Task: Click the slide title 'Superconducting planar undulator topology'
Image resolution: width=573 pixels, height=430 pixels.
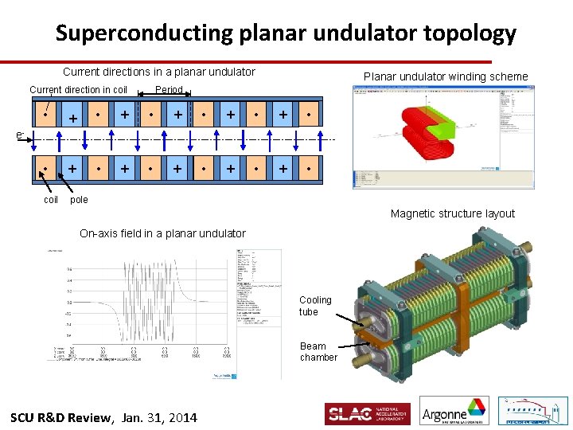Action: (286, 33)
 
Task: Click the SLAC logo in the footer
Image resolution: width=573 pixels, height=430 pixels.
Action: (367, 414)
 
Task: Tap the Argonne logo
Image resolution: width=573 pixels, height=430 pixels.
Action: (454, 412)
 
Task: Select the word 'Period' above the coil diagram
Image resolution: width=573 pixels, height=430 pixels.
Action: (169, 90)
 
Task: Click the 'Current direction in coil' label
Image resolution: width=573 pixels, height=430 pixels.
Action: (78, 90)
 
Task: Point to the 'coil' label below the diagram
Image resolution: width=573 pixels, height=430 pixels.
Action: (50, 200)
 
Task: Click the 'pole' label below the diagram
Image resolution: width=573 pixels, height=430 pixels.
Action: (79, 200)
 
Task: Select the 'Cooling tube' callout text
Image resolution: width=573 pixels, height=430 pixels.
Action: (315, 306)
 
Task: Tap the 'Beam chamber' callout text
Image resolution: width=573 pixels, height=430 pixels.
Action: (318, 352)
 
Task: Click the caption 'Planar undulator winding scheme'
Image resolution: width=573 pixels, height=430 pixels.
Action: (445, 76)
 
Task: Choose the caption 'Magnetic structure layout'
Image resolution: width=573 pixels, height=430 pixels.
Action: (452, 213)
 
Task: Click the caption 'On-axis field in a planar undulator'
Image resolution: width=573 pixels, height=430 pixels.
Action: (162, 233)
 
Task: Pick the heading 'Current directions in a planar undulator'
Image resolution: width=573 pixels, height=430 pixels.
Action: (158, 72)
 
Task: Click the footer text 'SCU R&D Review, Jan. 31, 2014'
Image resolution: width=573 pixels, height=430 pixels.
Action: (103, 418)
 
